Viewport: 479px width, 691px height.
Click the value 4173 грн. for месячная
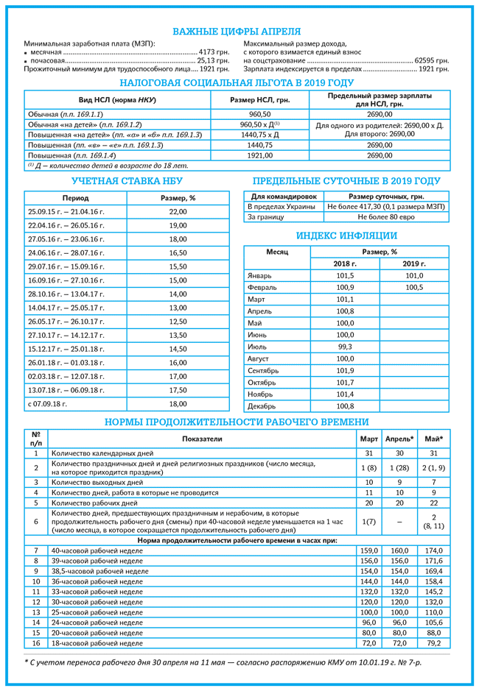214,52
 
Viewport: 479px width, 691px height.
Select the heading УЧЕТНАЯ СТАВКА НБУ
127,181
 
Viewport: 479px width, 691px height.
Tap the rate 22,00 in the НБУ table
178,212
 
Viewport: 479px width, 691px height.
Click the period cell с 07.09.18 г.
48,404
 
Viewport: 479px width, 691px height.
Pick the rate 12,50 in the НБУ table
178,322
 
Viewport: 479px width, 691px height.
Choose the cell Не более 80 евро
386,218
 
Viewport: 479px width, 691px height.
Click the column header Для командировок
284,197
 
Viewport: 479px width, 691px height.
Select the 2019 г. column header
413,263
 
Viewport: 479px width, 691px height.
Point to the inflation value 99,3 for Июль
345,347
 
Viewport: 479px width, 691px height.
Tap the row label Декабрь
262,406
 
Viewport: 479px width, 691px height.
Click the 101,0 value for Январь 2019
414,276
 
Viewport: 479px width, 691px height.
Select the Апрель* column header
399,439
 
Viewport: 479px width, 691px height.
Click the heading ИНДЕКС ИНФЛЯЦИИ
346,236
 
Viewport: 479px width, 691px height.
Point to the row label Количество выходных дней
91,482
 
